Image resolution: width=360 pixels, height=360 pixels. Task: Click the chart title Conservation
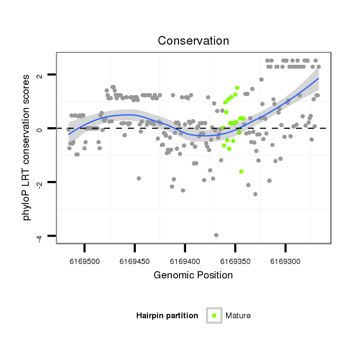(193, 41)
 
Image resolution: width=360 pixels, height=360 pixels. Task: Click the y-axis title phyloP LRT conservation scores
(27, 147)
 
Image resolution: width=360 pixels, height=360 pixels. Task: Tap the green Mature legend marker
(214, 315)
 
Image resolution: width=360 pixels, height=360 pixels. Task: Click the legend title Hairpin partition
(167, 316)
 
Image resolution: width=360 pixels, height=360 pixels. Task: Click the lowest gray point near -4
(216, 235)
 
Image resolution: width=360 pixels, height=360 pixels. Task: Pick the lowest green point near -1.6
(241, 171)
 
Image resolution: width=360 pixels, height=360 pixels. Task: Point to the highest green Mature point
(237, 88)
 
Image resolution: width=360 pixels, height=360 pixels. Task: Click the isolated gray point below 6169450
(139, 178)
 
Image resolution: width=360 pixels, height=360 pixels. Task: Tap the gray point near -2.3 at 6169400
(183, 191)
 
